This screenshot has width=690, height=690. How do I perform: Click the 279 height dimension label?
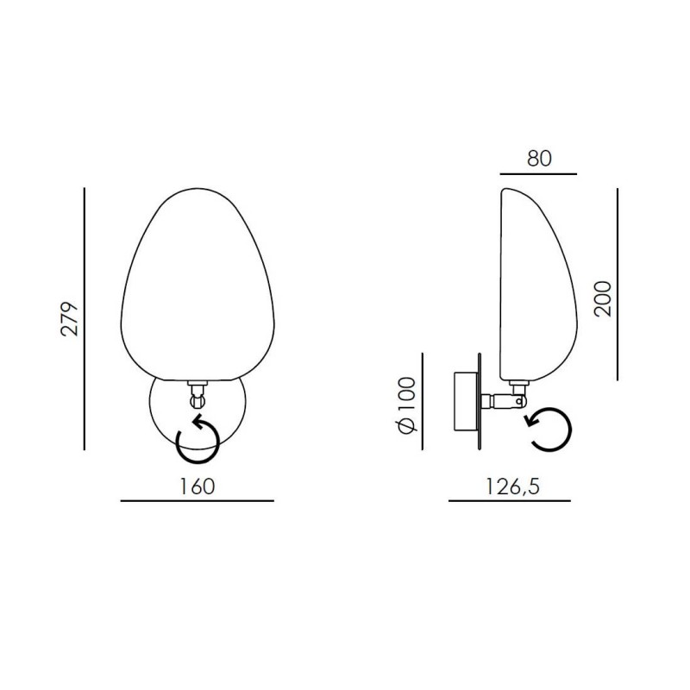[70, 319]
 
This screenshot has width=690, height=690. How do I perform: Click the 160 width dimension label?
[198, 486]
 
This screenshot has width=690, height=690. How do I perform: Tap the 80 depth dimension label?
[539, 159]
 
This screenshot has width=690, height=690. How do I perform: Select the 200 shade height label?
[602, 298]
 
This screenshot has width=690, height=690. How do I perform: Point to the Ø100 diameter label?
[407, 405]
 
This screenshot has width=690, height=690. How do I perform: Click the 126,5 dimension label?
[512, 486]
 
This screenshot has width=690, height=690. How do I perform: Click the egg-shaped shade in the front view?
[198, 285]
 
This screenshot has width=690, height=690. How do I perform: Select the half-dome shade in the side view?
[538, 285]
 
